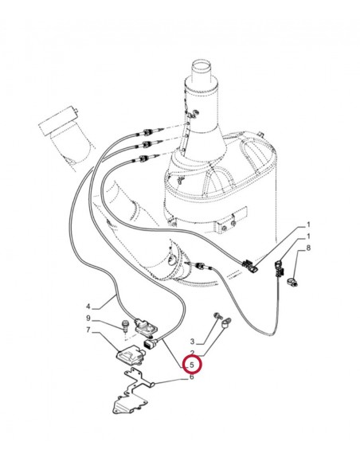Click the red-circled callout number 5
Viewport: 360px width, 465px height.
(192, 365)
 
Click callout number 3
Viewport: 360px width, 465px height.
(192, 341)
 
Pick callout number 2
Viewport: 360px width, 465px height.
(192, 352)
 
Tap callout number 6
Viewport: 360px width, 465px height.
(192, 377)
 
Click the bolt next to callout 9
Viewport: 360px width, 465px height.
(126, 325)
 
